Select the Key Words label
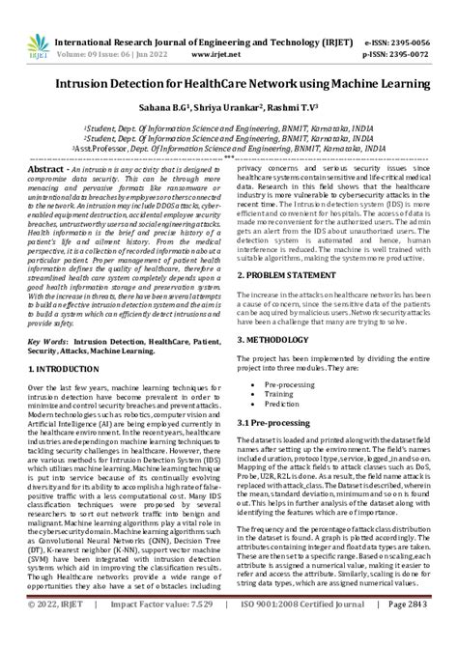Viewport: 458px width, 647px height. (x=52, y=341)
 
